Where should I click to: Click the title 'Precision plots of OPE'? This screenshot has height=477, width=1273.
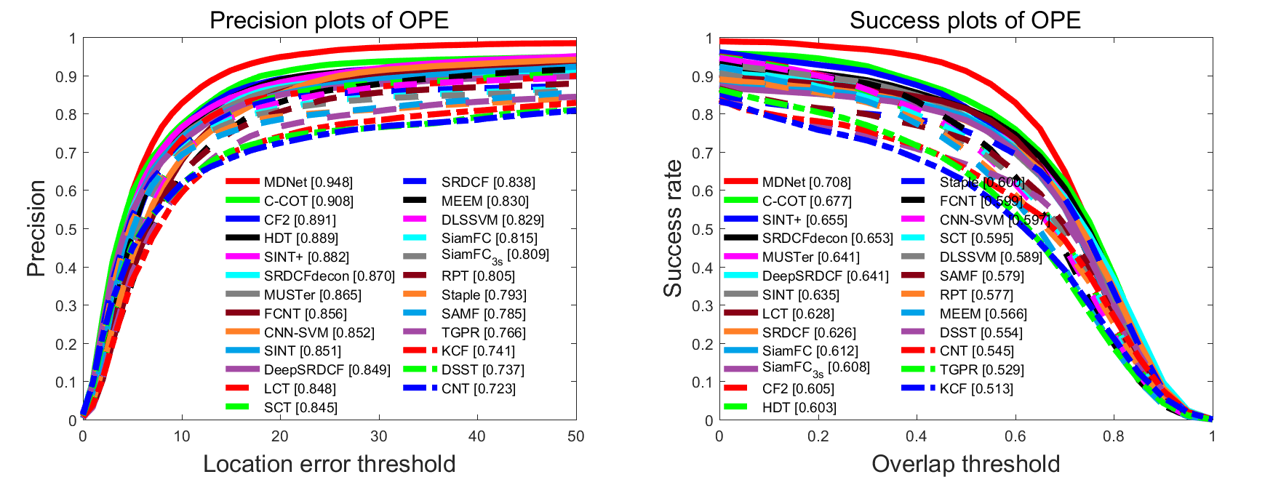click(x=329, y=20)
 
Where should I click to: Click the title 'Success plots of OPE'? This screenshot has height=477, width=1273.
click(x=965, y=20)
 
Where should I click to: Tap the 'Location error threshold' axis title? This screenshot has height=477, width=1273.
click(x=329, y=464)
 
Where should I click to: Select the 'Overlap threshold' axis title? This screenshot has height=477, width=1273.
click(x=965, y=464)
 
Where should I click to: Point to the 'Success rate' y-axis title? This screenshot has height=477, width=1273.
click(x=673, y=228)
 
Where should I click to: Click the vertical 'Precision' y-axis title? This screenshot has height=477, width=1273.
click(x=36, y=228)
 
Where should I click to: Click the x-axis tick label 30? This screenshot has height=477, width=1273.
click(x=378, y=436)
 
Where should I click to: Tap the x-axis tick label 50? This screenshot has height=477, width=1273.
click(x=575, y=436)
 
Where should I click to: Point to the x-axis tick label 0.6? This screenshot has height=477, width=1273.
click(x=1015, y=436)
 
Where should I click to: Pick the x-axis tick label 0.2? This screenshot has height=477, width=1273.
click(x=818, y=436)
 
